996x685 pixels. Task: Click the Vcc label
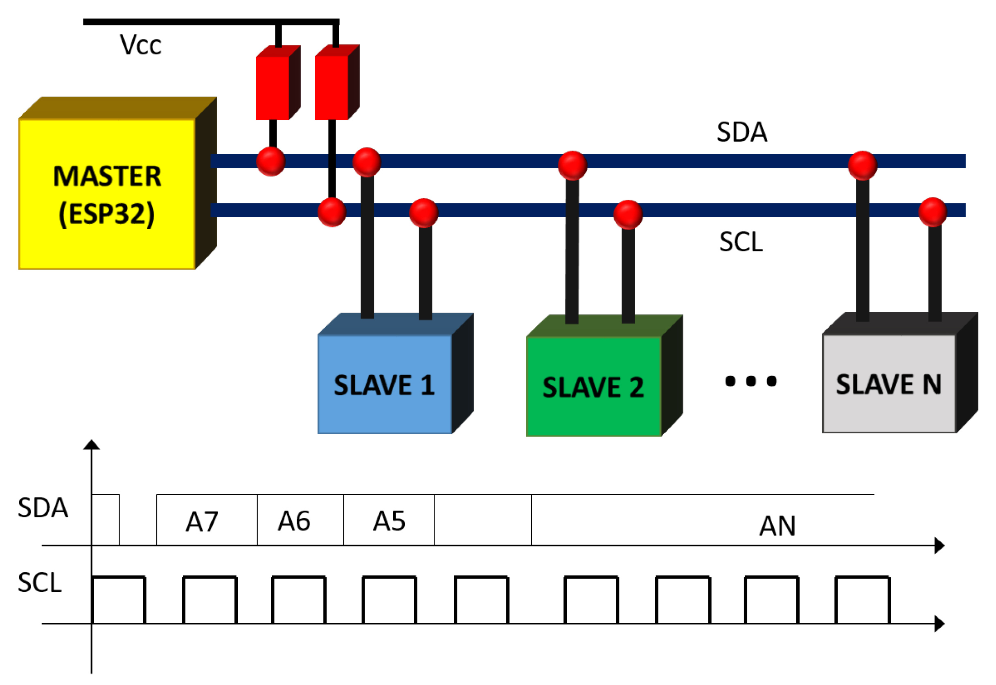140,45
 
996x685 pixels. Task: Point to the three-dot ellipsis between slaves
750,381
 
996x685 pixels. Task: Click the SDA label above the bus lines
741,132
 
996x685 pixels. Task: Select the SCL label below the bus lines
741,242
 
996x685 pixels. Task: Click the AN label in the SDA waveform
777,526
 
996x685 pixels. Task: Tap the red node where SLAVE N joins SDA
862,165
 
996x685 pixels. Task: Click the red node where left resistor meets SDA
271,161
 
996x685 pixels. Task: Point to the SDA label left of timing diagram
43,508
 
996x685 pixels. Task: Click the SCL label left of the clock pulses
39,583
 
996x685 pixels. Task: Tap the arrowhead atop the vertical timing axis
91,445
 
